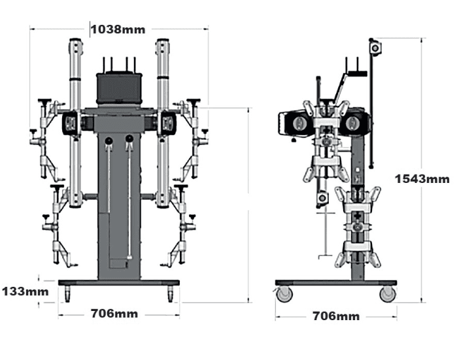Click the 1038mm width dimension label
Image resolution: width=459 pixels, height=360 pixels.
click(x=118, y=29)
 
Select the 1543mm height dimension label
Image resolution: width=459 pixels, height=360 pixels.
click(x=422, y=178)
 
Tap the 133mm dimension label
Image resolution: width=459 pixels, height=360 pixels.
click(x=24, y=291)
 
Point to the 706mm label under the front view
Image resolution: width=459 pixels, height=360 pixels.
click(x=114, y=314)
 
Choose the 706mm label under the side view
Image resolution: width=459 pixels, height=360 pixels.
click(x=336, y=316)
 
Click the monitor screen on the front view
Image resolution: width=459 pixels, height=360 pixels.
click(x=118, y=87)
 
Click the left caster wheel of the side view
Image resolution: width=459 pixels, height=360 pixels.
click(x=283, y=295)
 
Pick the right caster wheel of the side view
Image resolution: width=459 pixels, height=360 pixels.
click(x=388, y=294)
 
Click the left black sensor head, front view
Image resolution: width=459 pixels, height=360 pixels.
click(x=71, y=123)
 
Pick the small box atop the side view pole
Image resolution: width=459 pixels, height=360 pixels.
click(x=375, y=47)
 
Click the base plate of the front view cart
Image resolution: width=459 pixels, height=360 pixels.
click(x=118, y=283)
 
